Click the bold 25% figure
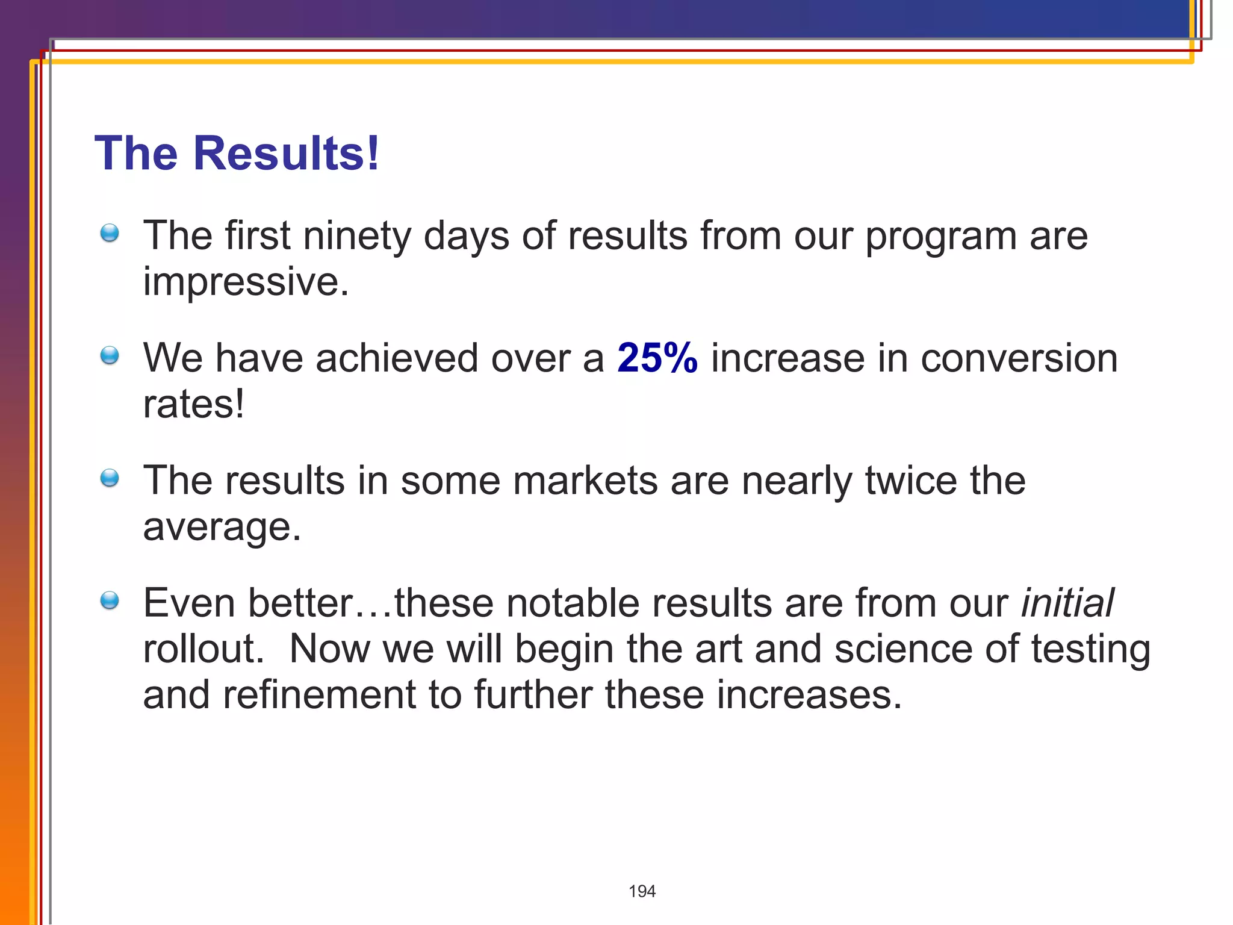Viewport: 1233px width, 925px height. click(x=657, y=358)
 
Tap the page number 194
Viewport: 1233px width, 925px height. click(x=642, y=891)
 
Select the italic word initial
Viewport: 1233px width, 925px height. click(x=1067, y=603)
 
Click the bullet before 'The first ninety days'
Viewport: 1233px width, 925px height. click(x=110, y=233)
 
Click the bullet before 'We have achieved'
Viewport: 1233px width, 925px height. click(x=110, y=355)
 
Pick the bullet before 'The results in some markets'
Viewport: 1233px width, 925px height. click(x=110, y=478)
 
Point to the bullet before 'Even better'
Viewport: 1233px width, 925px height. click(x=110, y=600)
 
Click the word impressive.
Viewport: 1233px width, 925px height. click(x=246, y=282)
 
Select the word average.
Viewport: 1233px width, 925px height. click(x=222, y=527)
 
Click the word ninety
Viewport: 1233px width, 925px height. click(x=357, y=235)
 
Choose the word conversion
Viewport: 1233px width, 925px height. click(x=1019, y=358)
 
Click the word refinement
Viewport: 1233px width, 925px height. click(x=319, y=694)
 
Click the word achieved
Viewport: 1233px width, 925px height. click(x=397, y=358)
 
